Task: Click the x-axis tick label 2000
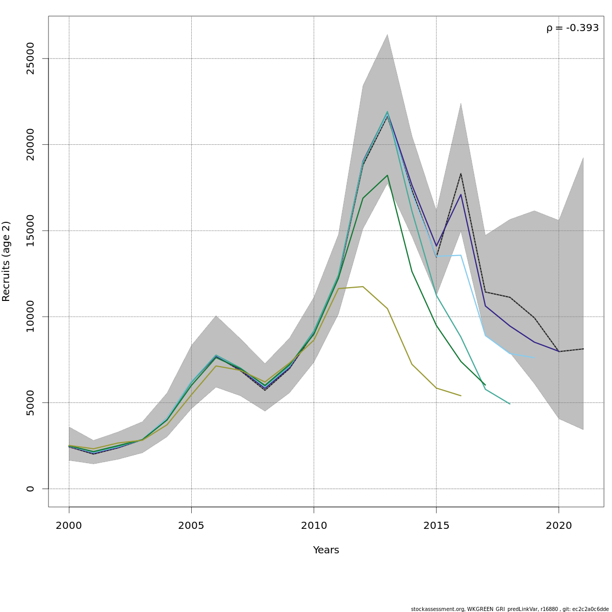[x=69, y=526]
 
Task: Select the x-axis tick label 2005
[x=191, y=526]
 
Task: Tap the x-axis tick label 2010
[x=314, y=526]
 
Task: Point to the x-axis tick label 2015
[x=436, y=526]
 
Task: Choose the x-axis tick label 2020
[x=559, y=526]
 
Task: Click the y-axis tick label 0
[x=31, y=489]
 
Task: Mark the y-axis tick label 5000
[x=31, y=402]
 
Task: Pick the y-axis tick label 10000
[x=31, y=317]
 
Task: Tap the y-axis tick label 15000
[x=31, y=231]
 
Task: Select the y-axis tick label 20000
[x=31, y=144]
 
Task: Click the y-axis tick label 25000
[x=31, y=59]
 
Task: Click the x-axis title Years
[x=326, y=550]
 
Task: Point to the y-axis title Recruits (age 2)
[x=6, y=261]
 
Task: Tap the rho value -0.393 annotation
[x=572, y=28]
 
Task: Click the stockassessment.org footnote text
[x=509, y=609]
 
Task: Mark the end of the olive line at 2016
[x=461, y=396]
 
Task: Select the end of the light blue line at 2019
[x=534, y=358]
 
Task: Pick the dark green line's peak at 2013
[x=388, y=175]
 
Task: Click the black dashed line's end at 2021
[x=583, y=349]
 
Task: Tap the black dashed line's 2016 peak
[x=461, y=174]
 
